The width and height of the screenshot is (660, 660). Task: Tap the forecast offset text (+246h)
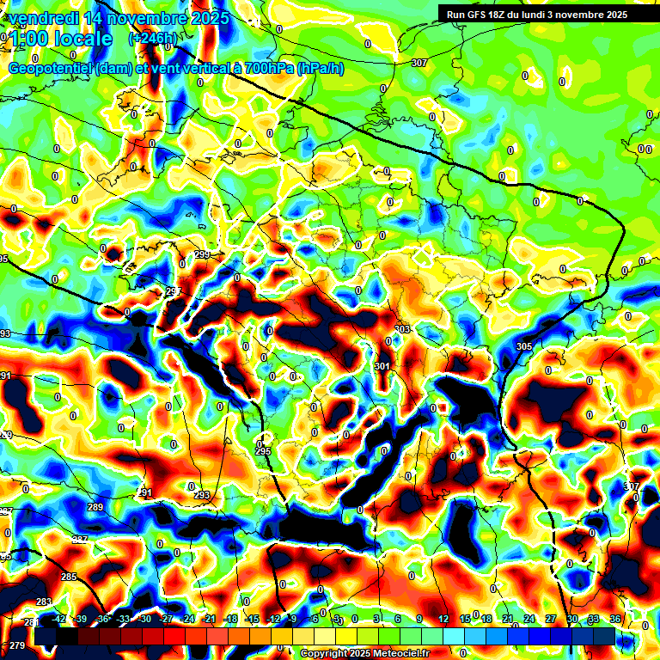tap(153, 38)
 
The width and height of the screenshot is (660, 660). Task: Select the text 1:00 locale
tap(58, 39)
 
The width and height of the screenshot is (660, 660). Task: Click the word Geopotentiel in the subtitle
tap(51, 69)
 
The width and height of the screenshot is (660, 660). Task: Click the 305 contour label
tap(524, 346)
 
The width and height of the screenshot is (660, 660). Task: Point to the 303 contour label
tap(401, 330)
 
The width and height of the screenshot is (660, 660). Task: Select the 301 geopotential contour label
tap(382, 366)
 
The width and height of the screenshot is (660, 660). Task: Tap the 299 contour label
tap(202, 255)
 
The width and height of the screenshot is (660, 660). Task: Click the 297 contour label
tap(173, 291)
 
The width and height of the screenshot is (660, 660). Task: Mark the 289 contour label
tap(95, 507)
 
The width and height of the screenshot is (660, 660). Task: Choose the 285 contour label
tap(69, 577)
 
